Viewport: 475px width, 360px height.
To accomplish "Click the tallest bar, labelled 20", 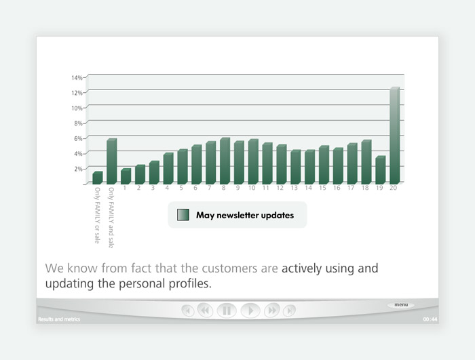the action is [x=395, y=136].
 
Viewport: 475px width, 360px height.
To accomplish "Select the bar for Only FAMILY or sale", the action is [x=98, y=178].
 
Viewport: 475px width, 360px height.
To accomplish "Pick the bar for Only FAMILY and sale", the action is [x=112, y=161].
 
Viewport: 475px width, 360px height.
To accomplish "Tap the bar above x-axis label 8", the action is [x=225, y=161].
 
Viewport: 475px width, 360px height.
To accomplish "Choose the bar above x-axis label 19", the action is [x=381, y=170].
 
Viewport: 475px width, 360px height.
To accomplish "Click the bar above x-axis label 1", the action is [x=126, y=176].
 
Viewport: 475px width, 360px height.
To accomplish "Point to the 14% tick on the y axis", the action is [x=77, y=78].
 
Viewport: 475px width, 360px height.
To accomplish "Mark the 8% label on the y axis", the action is [x=78, y=123].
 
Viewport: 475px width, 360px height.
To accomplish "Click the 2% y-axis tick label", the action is [x=78, y=169].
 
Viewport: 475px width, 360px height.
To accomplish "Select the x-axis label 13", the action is [x=294, y=188].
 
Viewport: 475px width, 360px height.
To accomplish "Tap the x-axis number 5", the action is [x=181, y=188].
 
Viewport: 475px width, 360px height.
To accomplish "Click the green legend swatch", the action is [x=183, y=215].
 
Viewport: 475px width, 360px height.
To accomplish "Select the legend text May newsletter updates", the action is [x=245, y=215].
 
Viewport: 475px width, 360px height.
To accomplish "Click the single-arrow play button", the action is [x=250, y=311].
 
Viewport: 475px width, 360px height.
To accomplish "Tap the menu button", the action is [x=401, y=304].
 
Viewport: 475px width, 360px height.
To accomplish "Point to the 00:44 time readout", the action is [x=430, y=319].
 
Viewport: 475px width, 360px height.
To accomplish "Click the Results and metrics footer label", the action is [x=59, y=319].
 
